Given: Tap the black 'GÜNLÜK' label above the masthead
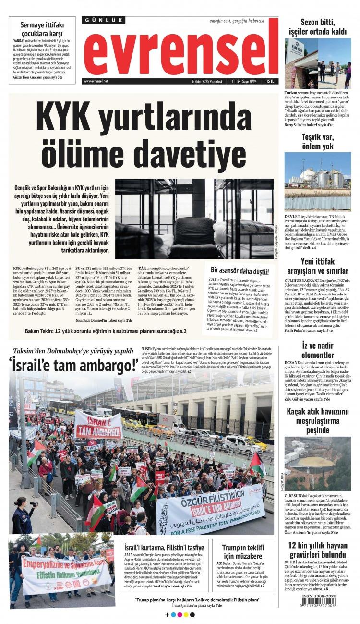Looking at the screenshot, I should (x=103, y=20).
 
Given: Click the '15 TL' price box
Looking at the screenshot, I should (x=271, y=81).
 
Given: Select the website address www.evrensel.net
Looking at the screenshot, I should (x=96, y=81).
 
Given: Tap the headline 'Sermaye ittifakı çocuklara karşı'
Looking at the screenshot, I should (x=42, y=30).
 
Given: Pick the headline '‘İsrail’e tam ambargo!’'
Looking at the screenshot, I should (x=73, y=366).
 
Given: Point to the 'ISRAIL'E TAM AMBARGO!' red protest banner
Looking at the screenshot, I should (x=98, y=424).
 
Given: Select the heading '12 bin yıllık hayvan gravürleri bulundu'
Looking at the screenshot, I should (x=318, y=550).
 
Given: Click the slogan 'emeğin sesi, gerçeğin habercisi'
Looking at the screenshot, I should (x=237, y=22).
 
